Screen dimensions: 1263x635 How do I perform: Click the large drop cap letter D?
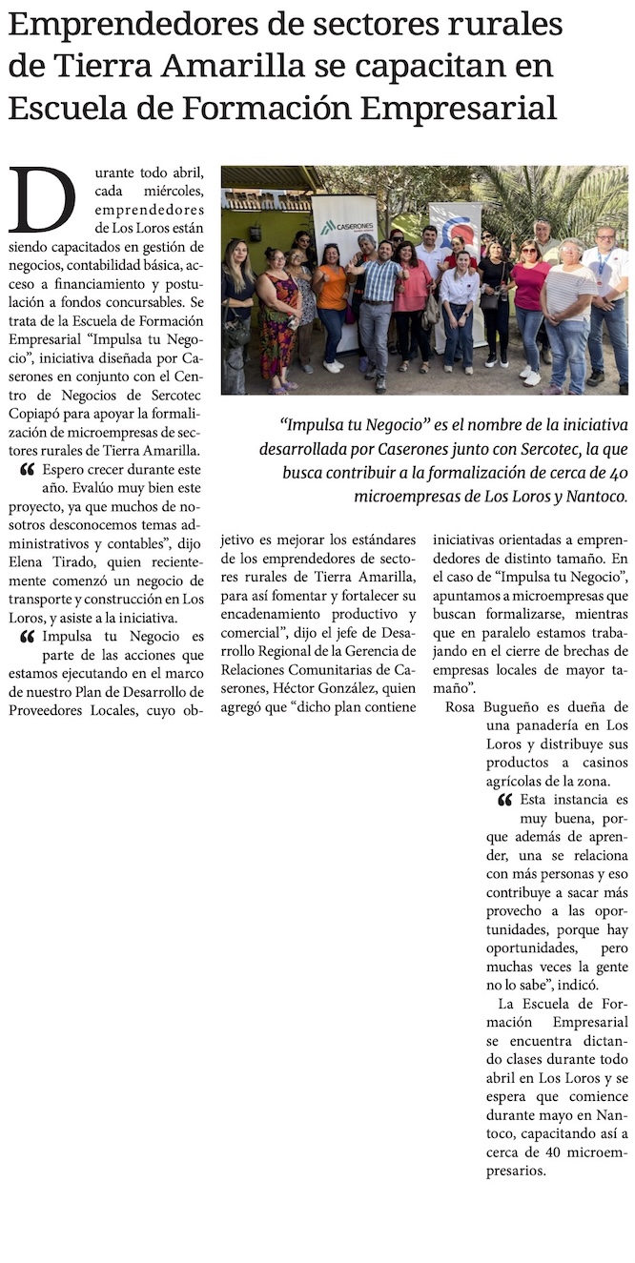pyautogui.click(x=42, y=200)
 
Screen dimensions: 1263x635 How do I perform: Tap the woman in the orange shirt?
pyautogui.click(x=332, y=295)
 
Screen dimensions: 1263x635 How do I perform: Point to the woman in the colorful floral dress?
pyautogui.click(x=279, y=315)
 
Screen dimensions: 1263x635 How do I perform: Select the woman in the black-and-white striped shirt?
pyautogui.click(x=568, y=305)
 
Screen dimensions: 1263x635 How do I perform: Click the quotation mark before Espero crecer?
pyautogui.click(x=27, y=470)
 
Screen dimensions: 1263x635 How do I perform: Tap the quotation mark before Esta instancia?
pyautogui.click(x=504, y=800)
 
